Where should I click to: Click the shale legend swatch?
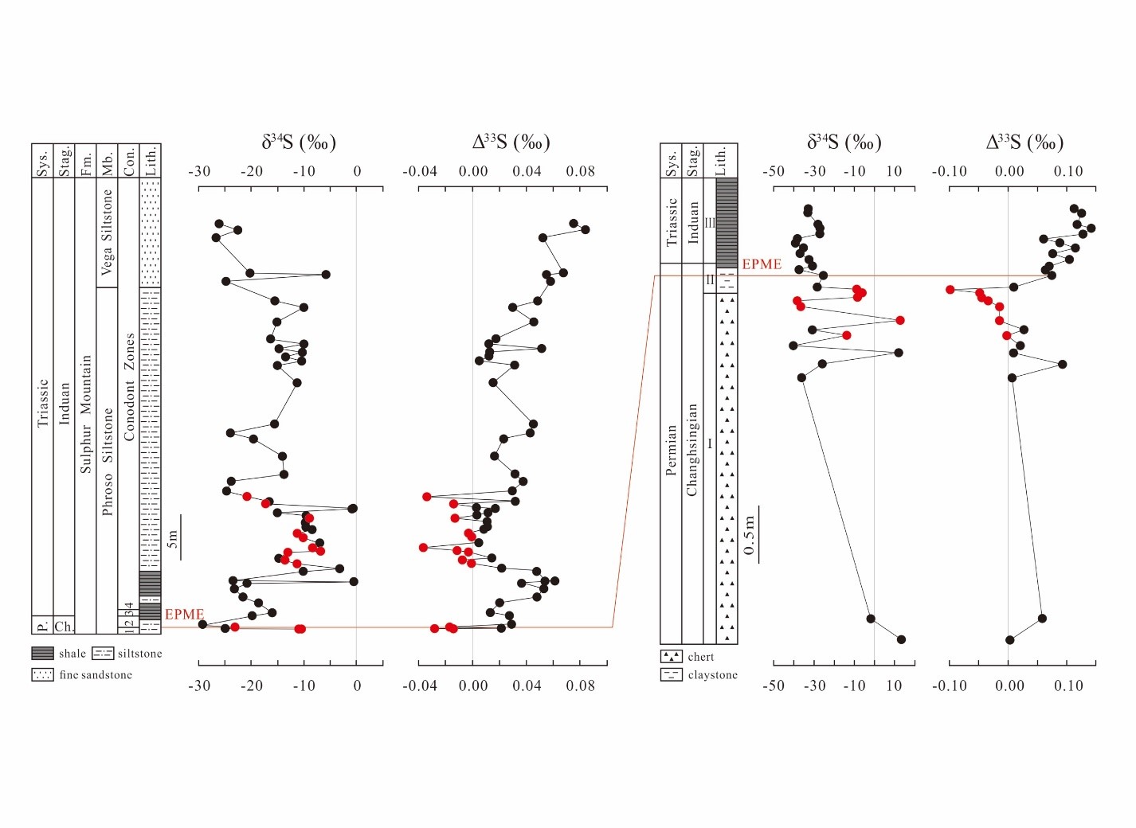point(43,654)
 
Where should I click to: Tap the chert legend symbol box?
point(672,657)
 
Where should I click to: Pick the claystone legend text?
point(712,675)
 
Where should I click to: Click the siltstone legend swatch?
point(104,654)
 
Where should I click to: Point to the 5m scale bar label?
point(172,539)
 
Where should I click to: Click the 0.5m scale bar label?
point(749,535)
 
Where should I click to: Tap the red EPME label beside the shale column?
point(184,615)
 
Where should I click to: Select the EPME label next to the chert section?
point(762,264)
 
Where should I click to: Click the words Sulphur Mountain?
point(86,414)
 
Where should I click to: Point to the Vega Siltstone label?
point(108,232)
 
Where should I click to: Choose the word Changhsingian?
point(691,450)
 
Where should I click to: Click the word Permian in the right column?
point(671,450)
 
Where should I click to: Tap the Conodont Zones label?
point(129,386)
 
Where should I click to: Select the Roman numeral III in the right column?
point(710,223)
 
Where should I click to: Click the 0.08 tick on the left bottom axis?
point(580,685)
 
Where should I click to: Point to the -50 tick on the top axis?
point(773,171)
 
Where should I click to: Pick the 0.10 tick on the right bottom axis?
point(1068,685)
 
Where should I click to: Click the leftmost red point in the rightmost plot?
point(950,289)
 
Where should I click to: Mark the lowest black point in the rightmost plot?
point(1010,639)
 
